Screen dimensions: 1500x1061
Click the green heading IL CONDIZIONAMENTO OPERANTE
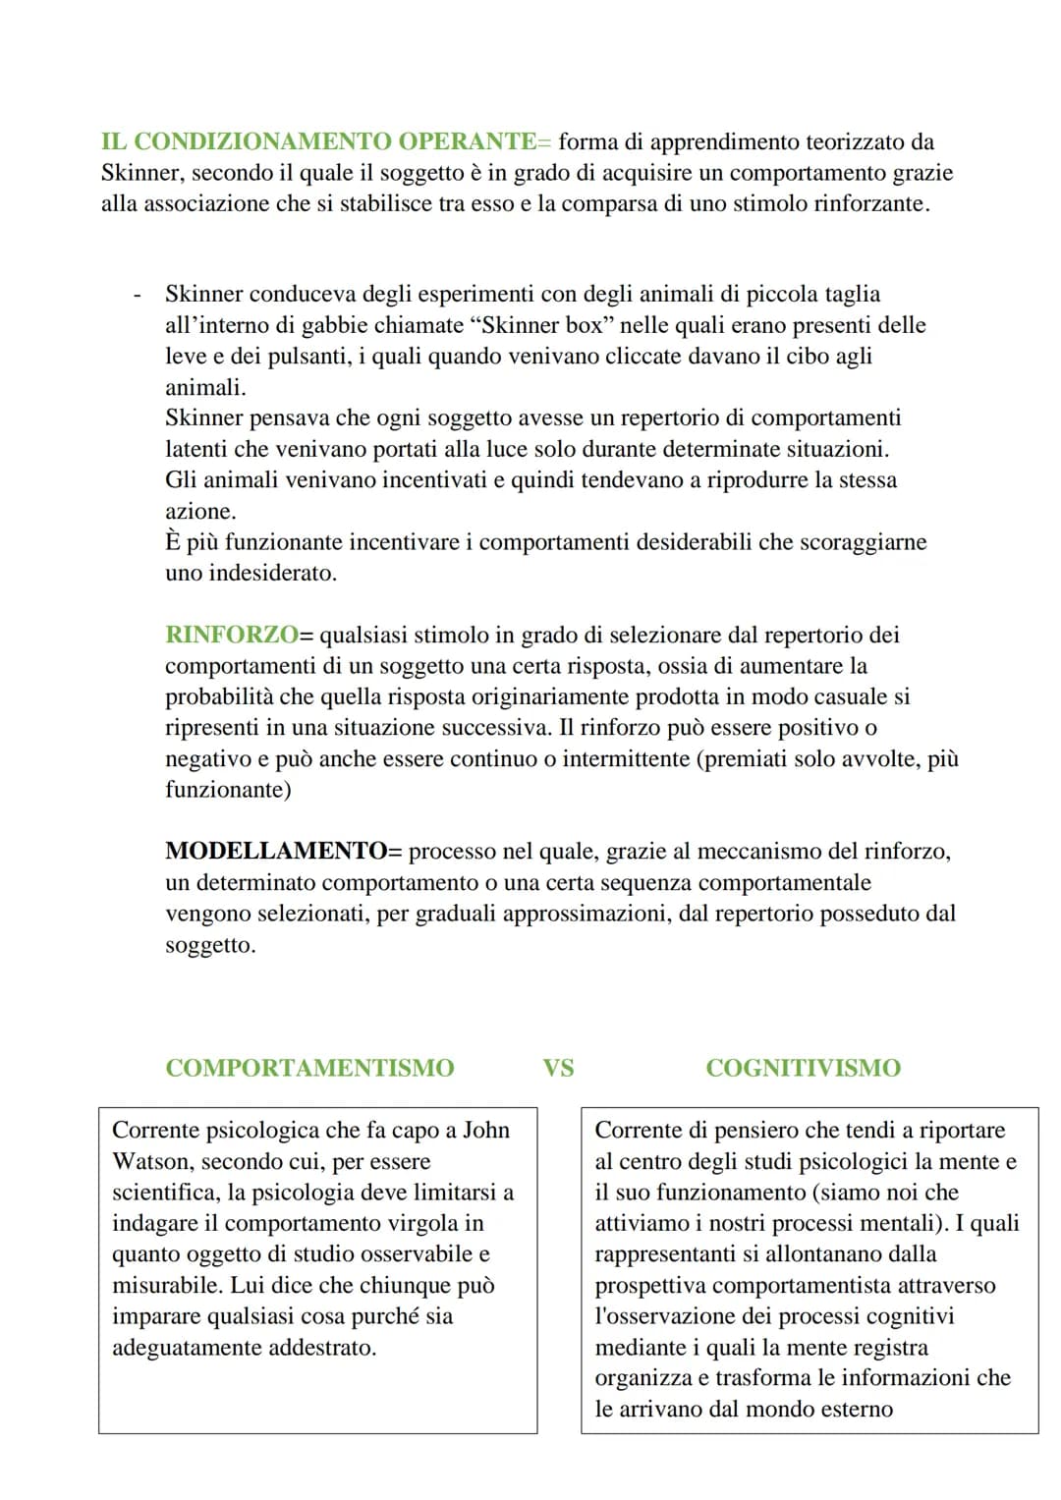point(317,141)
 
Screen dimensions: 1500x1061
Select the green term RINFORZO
point(231,635)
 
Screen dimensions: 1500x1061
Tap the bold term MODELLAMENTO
point(276,851)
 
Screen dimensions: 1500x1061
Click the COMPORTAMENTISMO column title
point(309,1068)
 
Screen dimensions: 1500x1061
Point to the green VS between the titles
point(558,1068)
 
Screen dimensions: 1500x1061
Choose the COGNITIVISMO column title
point(803,1068)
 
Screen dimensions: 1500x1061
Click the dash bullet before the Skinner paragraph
point(138,295)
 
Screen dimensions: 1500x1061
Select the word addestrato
point(322,1347)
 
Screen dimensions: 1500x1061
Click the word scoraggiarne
point(865,542)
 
